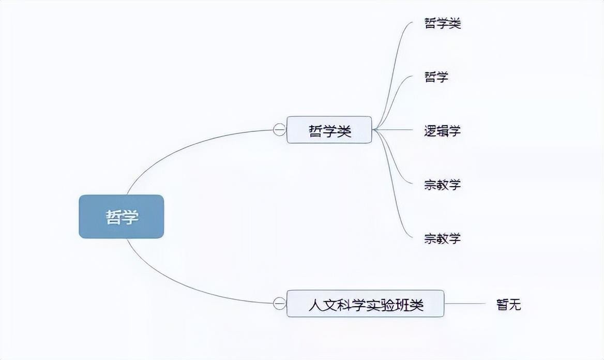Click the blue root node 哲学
click(x=122, y=216)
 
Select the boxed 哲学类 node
click(x=329, y=130)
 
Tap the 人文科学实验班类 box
click(x=365, y=304)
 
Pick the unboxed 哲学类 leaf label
click(x=443, y=23)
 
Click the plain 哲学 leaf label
click(x=436, y=77)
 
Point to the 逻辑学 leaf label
click(x=443, y=131)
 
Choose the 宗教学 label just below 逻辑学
click(x=443, y=185)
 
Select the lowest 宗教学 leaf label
click(x=443, y=238)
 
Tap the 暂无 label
click(x=509, y=304)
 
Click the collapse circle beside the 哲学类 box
click(x=279, y=130)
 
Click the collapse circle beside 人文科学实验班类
click(x=279, y=303)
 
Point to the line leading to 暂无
click(x=464, y=304)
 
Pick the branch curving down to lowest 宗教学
click(x=390, y=185)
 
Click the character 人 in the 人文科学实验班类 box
click(x=315, y=305)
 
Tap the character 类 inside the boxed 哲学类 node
click(x=344, y=131)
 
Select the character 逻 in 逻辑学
click(x=430, y=131)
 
